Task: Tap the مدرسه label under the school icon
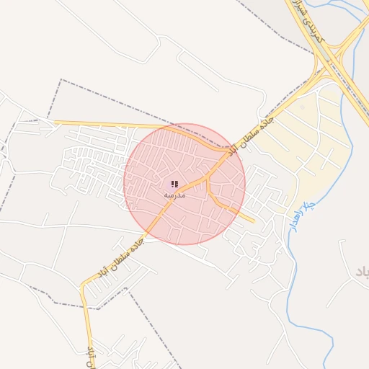pyautogui.click(x=174, y=195)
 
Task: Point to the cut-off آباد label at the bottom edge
pyautogui.click(x=92, y=358)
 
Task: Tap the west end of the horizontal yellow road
pyautogui.click(x=55, y=123)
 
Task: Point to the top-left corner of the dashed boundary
pyautogui.click(x=61, y=79)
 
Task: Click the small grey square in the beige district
pyautogui.click(x=303, y=107)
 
